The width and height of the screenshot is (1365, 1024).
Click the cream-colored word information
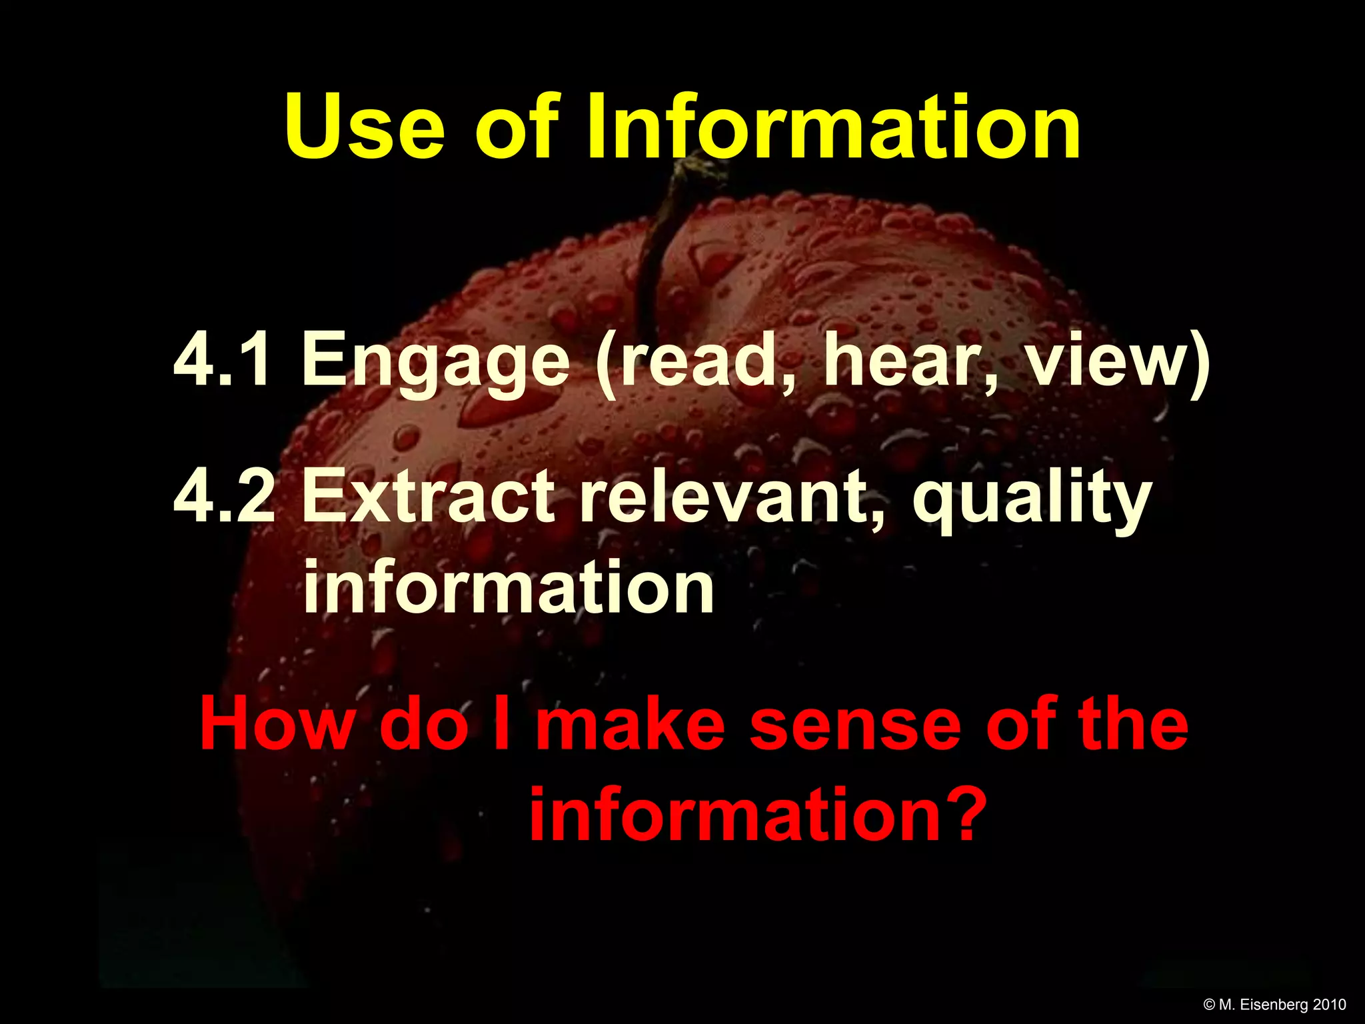pyautogui.click(x=509, y=587)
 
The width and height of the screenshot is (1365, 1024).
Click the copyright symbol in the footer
pyautogui.click(x=1210, y=1005)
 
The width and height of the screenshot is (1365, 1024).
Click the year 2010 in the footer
pyautogui.click(x=1330, y=1005)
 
